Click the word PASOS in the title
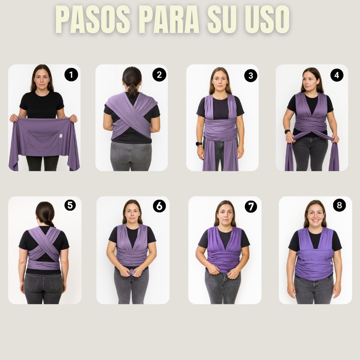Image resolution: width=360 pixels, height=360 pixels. pyautogui.click(x=93, y=20)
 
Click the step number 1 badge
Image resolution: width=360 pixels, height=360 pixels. pyautogui.click(x=71, y=75)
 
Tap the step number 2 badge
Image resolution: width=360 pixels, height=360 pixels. pyautogui.click(x=159, y=75)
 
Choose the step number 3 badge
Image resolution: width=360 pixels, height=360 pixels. pyautogui.click(x=251, y=76)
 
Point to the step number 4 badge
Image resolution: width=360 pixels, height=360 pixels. pyautogui.click(x=337, y=75)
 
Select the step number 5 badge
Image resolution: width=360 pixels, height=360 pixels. pyautogui.click(x=70, y=205)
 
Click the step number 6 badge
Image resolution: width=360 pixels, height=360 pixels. pyautogui.click(x=159, y=206)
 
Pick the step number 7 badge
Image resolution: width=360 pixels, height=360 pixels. pyautogui.click(x=251, y=206)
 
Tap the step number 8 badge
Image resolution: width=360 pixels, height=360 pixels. pyautogui.click(x=339, y=205)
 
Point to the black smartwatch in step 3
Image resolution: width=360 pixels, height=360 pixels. pyautogui.click(x=199, y=143)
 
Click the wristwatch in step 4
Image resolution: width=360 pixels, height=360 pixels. pyautogui.click(x=287, y=131)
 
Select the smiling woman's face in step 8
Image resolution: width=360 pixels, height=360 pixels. pyautogui.click(x=315, y=214)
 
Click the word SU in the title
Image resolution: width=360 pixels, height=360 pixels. pyautogui.click(x=221, y=20)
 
